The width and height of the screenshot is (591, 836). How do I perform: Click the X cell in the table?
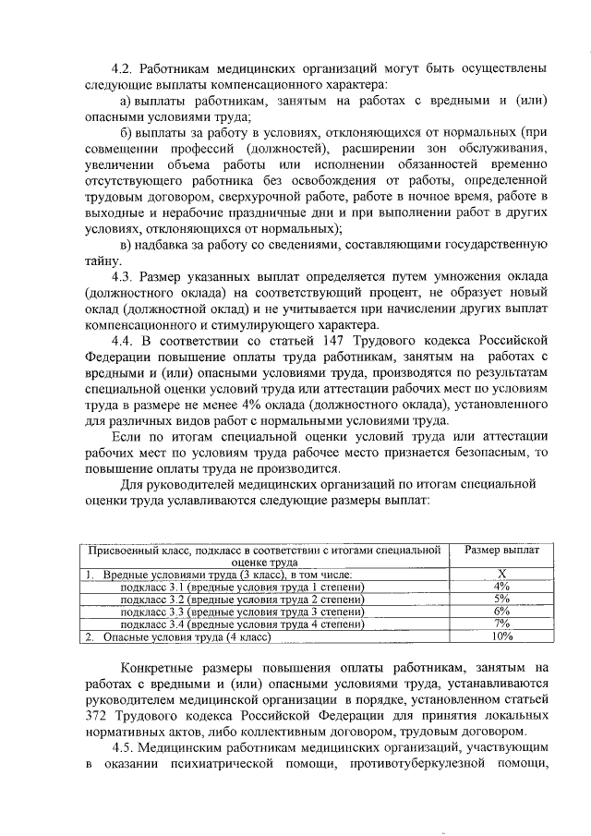click(502, 574)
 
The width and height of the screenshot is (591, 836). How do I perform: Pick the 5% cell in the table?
click(502, 599)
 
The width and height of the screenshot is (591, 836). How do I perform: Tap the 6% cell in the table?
click(502, 612)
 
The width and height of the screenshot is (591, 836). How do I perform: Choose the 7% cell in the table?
click(502, 624)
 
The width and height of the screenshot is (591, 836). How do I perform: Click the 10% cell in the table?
click(502, 636)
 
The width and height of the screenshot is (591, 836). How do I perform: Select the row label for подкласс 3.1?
click(242, 587)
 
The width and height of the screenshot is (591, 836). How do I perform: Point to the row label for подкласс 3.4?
click(242, 624)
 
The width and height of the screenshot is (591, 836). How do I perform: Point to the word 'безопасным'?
click(486, 452)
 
